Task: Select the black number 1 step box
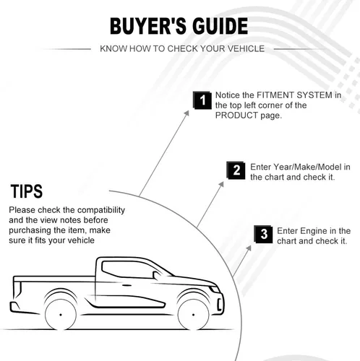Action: (x=202, y=100)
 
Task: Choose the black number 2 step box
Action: (x=236, y=170)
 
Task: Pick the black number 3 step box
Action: (x=264, y=234)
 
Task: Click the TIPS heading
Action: (x=27, y=191)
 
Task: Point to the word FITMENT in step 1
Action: (x=275, y=95)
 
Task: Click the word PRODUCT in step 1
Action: (x=236, y=116)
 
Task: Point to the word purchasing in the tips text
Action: (x=30, y=230)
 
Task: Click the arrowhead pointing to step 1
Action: (x=187, y=113)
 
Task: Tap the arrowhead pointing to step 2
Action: (x=221, y=184)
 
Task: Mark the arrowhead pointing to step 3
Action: (x=249, y=248)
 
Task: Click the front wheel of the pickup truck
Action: (x=193, y=315)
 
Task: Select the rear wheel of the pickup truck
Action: (x=61, y=315)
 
